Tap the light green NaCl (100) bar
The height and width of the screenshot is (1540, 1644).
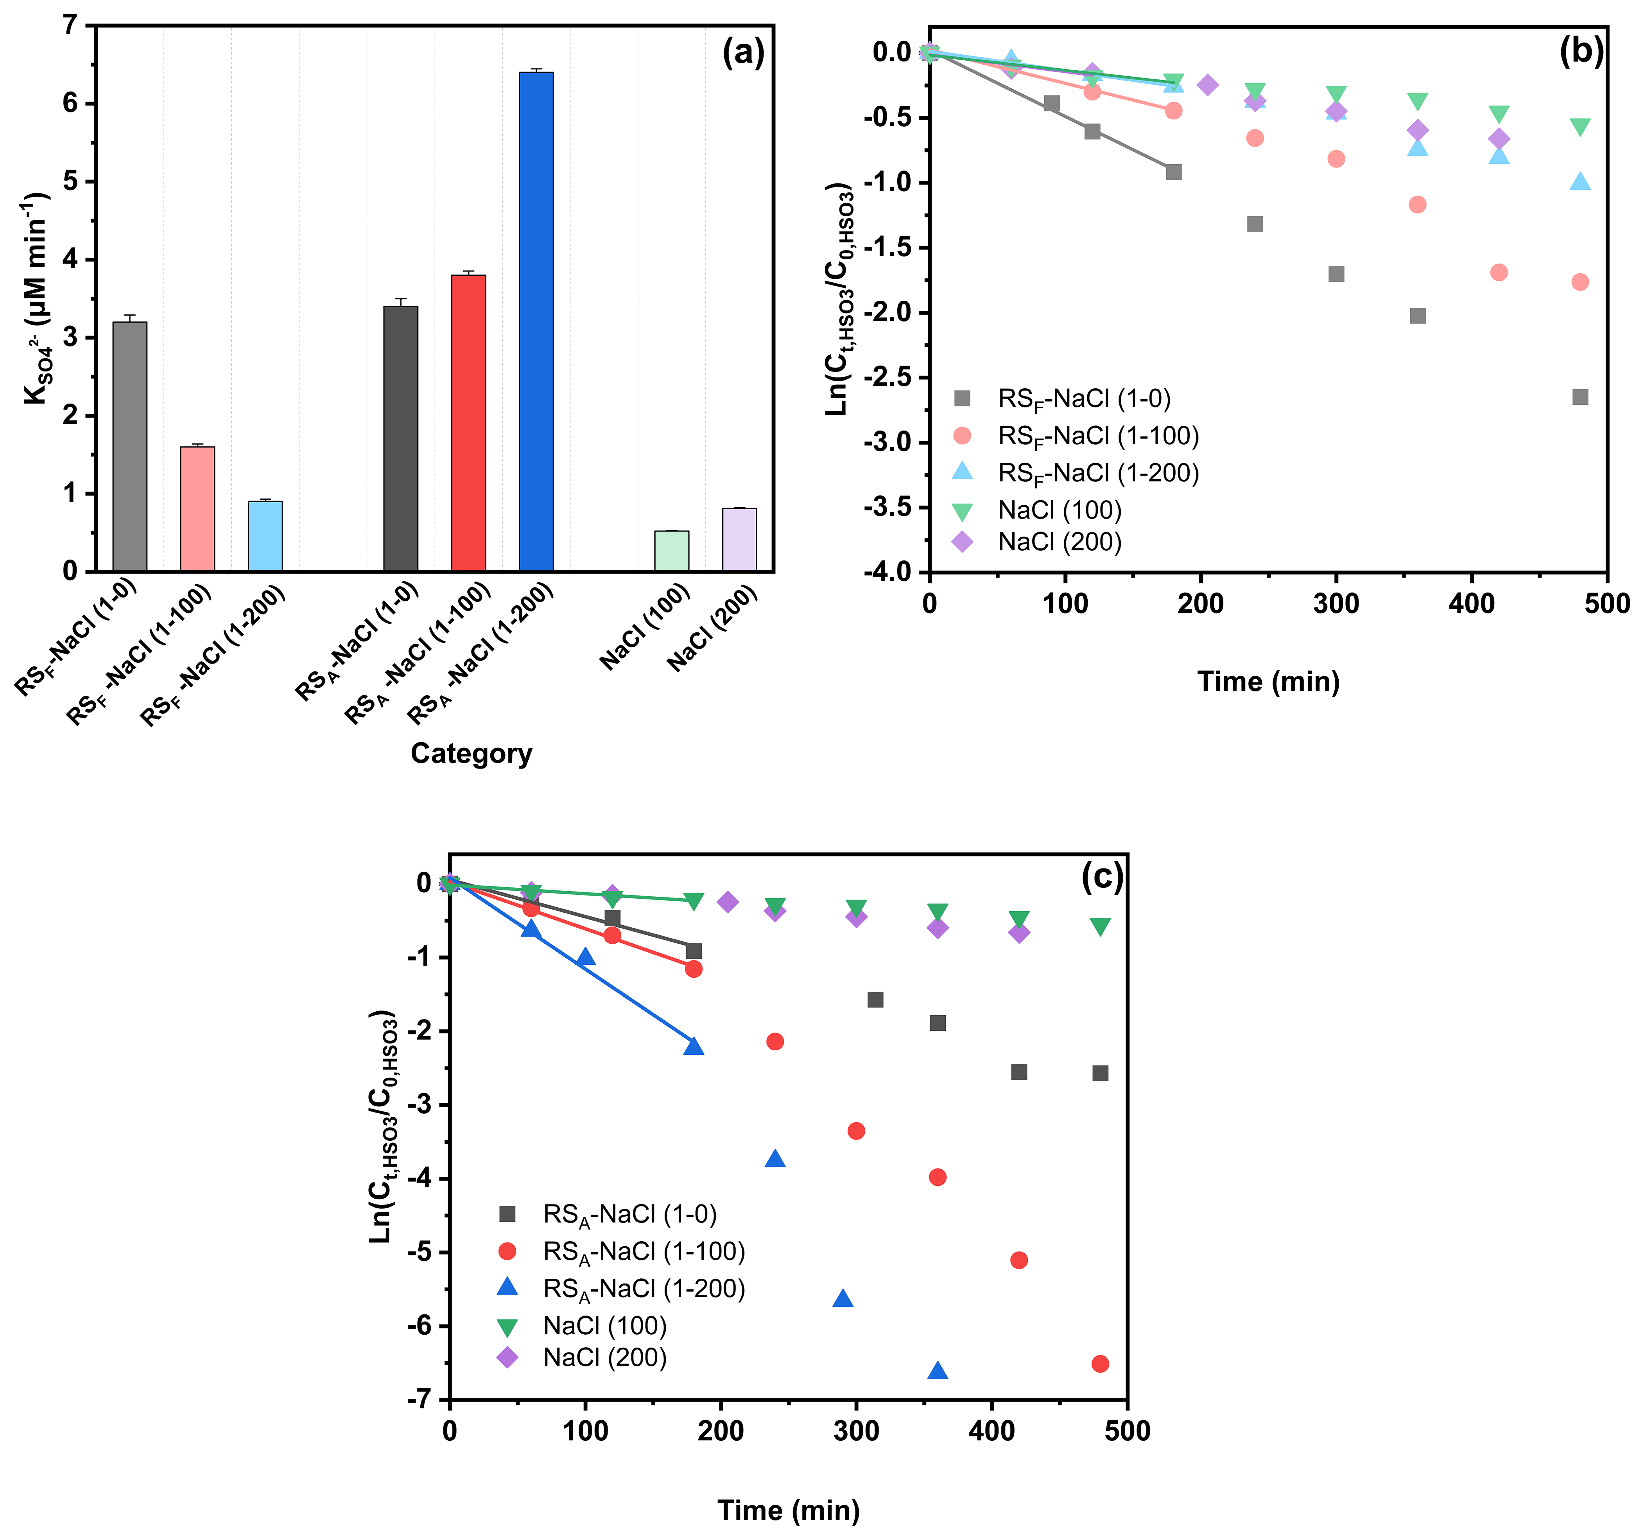672,551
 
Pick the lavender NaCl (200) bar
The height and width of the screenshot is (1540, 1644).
739,539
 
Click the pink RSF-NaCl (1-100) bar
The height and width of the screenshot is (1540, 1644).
198,509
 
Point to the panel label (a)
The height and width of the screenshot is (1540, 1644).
744,53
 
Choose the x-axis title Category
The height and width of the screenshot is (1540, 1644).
472,754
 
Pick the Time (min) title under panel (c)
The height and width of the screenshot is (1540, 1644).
788,1510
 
